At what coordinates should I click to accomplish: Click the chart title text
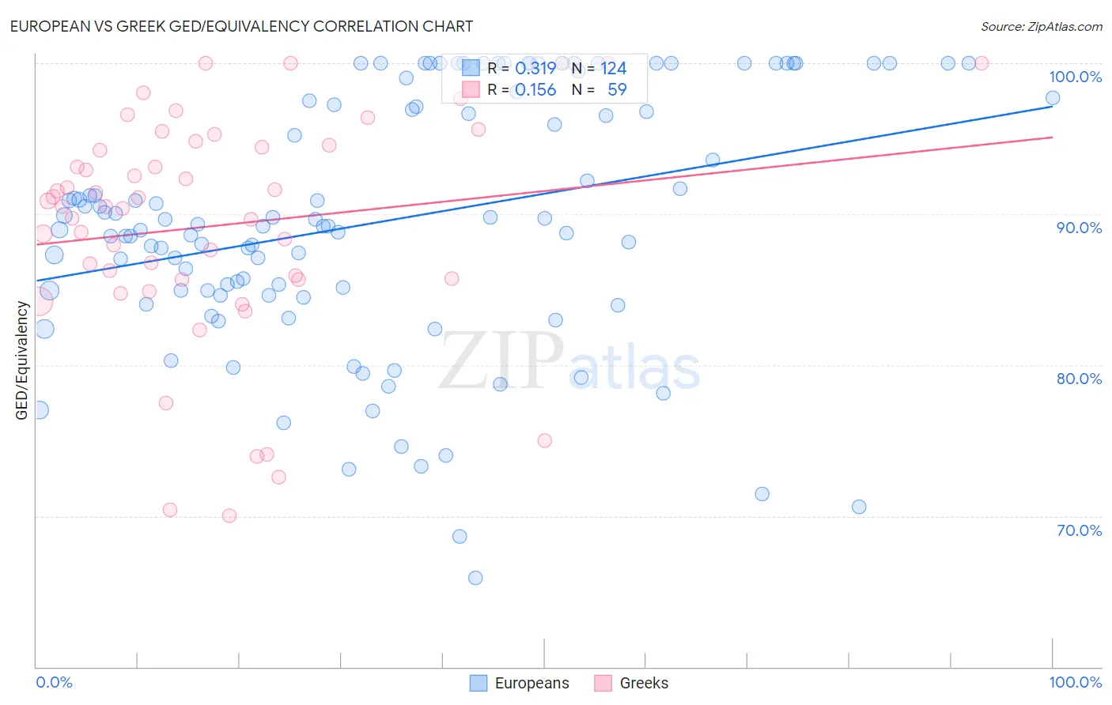[241, 26]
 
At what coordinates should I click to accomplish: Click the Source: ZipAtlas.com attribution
[1041, 26]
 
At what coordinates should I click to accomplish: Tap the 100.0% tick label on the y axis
[1075, 77]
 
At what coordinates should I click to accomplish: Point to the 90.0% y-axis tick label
[1079, 228]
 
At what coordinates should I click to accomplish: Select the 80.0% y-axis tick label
[1079, 379]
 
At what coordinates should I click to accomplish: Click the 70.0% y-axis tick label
[1079, 530]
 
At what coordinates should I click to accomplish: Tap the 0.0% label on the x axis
[54, 682]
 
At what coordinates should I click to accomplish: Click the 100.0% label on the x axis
[1075, 682]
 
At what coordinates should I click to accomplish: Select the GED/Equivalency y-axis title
[22, 361]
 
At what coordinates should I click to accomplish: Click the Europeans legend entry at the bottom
[520, 683]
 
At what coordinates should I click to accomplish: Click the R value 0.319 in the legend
[535, 69]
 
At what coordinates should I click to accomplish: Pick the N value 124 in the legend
[613, 69]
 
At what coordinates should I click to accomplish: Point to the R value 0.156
[535, 90]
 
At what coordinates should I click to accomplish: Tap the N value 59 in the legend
[617, 90]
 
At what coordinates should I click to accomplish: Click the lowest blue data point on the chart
[475, 578]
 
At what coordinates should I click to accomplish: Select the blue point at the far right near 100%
[1053, 98]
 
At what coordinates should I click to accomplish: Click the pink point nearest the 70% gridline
[229, 516]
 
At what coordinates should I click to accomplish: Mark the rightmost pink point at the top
[982, 63]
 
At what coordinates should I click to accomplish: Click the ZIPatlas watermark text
[569, 362]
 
